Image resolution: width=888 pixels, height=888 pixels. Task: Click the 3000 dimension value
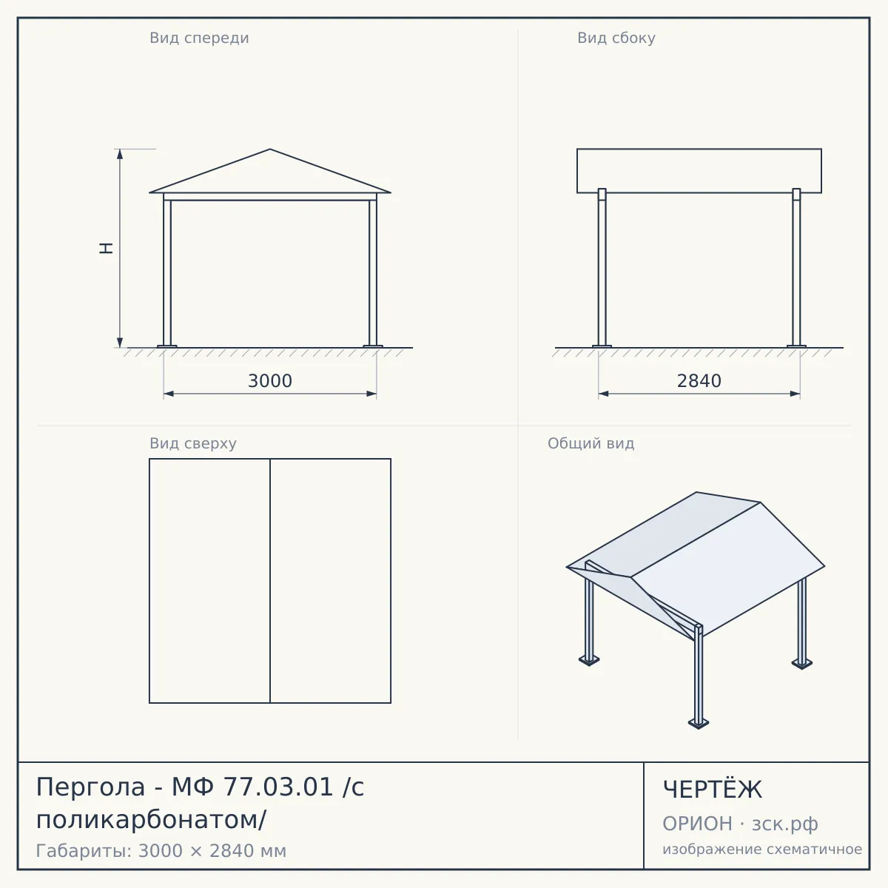click(x=269, y=381)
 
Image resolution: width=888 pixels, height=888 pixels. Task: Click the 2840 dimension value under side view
click(x=699, y=381)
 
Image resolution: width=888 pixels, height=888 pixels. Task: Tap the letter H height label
click(x=106, y=248)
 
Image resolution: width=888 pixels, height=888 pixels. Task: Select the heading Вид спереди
click(x=199, y=38)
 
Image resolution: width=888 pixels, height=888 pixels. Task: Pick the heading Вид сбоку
click(x=616, y=38)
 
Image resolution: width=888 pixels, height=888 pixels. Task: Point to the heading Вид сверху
click(x=192, y=443)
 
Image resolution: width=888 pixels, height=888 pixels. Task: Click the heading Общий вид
click(x=591, y=443)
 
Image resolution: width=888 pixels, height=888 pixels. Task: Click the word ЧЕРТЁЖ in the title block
click(x=712, y=790)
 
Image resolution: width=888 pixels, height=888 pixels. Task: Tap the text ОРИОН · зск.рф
click(x=740, y=824)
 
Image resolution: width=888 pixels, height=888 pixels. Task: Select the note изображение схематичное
click(x=762, y=849)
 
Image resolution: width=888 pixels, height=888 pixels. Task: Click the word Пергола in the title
click(x=90, y=787)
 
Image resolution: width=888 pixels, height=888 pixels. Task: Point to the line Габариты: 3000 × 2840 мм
click(x=161, y=851)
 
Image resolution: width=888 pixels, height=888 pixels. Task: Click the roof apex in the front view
click(x=270, y=149)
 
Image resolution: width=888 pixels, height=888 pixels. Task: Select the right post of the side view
click(x=796, y=267)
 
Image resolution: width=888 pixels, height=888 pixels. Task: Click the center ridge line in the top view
click(x=270, y=581)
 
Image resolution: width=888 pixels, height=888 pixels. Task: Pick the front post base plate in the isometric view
click(x=699, y=723)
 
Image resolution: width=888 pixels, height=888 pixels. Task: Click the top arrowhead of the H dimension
click(x=120, y=154)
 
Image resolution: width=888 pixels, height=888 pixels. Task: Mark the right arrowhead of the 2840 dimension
click(x=795, y=394)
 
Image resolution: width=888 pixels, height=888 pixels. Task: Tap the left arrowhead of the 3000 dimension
click(x=169, y=394)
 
